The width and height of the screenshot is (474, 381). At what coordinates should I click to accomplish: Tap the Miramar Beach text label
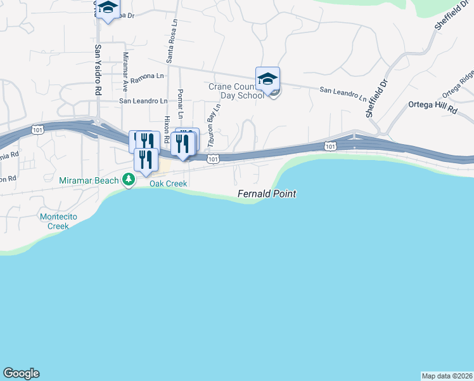(x=89, y=181)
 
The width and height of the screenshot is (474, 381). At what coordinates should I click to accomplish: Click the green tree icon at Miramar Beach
(x=129, y=181)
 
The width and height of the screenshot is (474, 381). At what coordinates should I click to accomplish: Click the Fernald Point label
(x=267, y=194)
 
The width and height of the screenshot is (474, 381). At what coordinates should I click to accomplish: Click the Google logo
(x=21, y=373)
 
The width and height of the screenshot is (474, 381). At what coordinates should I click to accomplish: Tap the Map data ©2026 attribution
(x=447, y=375)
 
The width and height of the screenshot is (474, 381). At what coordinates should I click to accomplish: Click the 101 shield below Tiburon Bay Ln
(x=214, y=159)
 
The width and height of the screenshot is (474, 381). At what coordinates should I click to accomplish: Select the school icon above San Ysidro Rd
(x=108, y=9)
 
